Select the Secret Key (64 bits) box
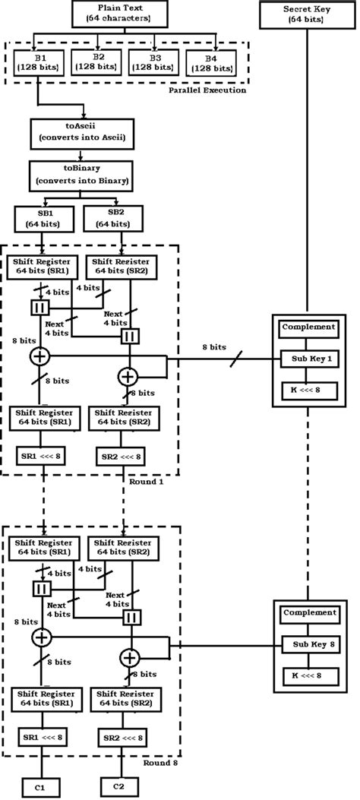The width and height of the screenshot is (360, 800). point(307,13)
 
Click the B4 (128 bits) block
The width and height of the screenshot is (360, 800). point(210,62)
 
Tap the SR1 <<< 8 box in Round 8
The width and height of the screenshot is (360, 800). point(43,739)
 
